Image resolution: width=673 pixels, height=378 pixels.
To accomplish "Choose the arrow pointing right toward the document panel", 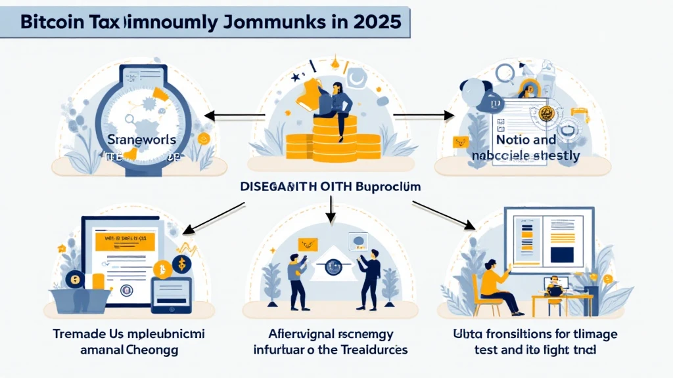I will coord(424,115).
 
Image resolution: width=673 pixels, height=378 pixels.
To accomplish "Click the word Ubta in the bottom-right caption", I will coord(457,334).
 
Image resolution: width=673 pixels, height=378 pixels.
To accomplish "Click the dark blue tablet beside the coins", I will coord(171,294).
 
